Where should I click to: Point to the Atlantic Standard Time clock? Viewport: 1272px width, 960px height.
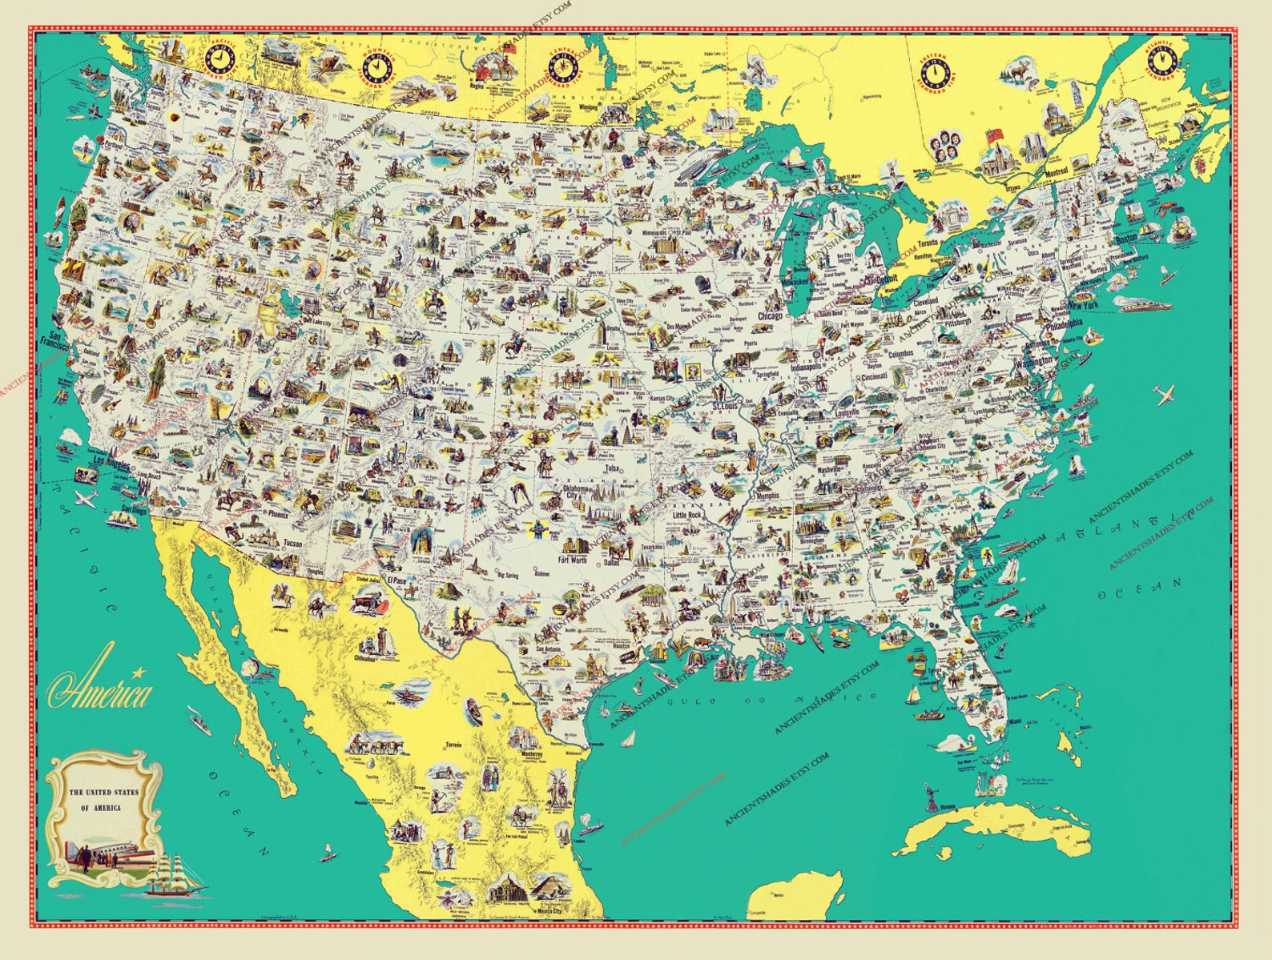(x=1161, y=58)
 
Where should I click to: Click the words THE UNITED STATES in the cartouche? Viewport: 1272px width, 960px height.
(x=103, y=793)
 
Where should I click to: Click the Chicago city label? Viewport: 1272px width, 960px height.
(x=769, y=316)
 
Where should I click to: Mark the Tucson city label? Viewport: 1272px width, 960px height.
(x=292, y=544)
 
